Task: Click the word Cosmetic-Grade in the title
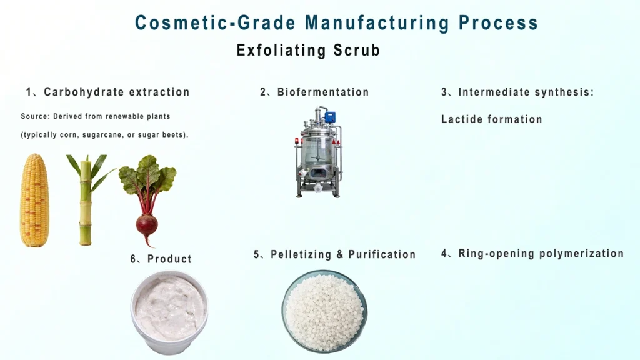click(x=215, y=23)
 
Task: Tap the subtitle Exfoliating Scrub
click(x=308, y=51)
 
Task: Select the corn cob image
click(x=34, y=201)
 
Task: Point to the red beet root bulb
click(x=147, y=225)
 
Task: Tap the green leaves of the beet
click(x=147, y=178)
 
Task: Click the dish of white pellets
click(x=324, y=311)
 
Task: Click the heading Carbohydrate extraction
click(x=116, y=92)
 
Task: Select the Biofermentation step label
click(x=322, y=92)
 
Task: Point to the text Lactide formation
click(x=491, y=119)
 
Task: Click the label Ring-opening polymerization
click(x=541, y=254)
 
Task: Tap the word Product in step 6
click(x=169, y=259)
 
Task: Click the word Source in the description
click(x=34, y=117)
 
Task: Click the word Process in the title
click(x=498, y=23)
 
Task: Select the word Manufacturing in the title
click(x=377, y=23)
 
